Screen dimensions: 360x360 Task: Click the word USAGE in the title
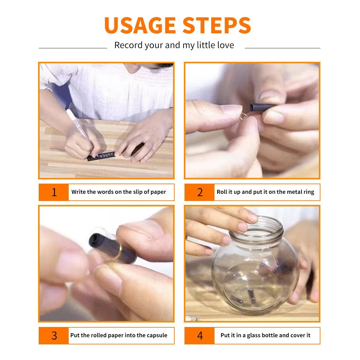(x=140, y=25)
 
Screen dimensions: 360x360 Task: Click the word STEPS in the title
(x=217, y=25)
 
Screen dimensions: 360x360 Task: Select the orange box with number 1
(x=54, y=192)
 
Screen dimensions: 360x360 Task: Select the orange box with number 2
(x=200, y=192)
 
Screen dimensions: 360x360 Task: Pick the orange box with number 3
(x=54, y=335)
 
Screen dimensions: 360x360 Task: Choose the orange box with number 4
(x=200, y=335)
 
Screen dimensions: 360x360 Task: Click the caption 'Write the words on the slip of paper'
(x=118, y=192)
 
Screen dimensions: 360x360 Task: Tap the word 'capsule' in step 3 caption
(x=156, y=335)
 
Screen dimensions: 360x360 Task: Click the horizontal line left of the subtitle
(x=73, y=48)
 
